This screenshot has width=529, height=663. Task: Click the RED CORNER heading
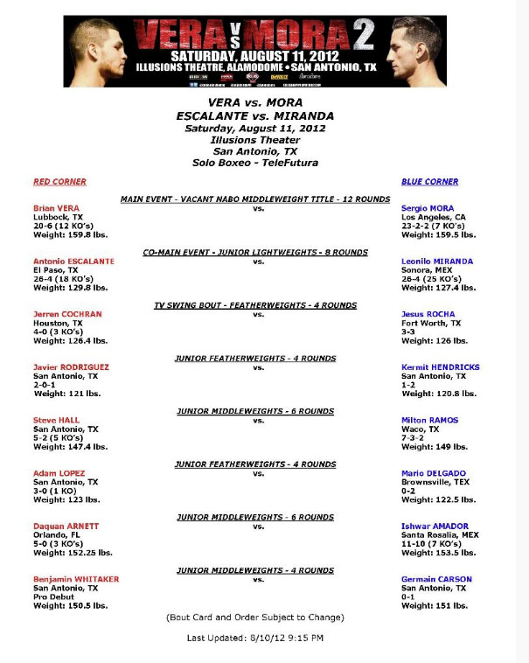59,182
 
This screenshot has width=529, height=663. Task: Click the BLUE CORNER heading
429,182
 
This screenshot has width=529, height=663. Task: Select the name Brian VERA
55,208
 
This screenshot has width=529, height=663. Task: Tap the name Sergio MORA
428,208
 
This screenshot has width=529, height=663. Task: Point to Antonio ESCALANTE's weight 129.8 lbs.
70,288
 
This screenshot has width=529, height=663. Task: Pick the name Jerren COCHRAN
67,314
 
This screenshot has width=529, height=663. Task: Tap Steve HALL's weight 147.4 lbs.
70,447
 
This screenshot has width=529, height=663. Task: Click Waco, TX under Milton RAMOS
421,429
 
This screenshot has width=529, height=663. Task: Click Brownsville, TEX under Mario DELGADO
434,482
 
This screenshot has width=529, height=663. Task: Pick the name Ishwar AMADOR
435,527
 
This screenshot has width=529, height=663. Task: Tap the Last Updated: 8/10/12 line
255,638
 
